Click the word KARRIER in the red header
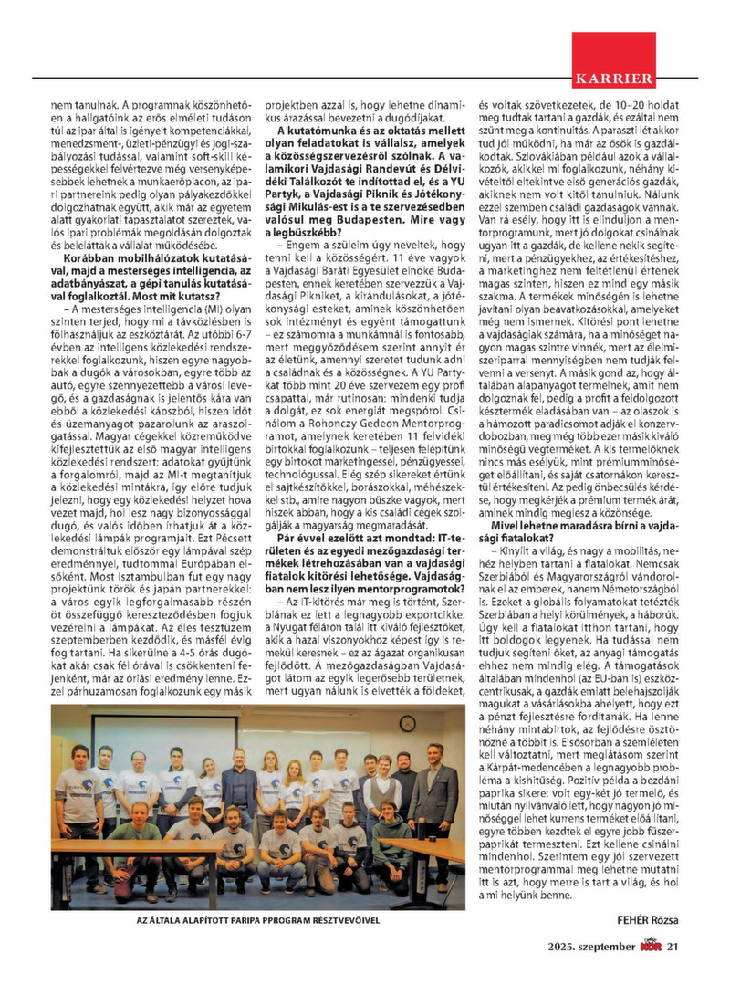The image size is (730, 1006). click(613, 78)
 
